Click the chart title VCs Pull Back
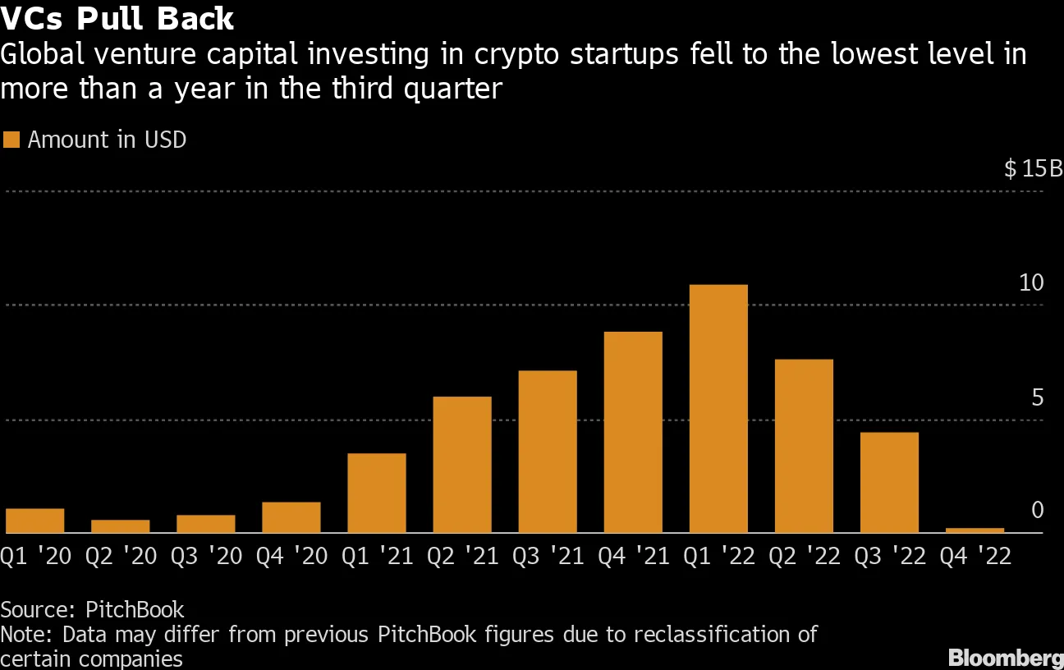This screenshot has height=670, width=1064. coord(117,18)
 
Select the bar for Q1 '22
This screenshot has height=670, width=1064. coord(718,409)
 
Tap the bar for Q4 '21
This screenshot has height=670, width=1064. coord(633,433)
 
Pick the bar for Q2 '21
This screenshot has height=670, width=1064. coord(462,465)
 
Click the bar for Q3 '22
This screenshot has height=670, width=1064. coord(889,483)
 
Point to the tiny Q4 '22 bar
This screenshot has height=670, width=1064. coord(975,530)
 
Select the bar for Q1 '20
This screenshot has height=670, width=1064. coord(35,521)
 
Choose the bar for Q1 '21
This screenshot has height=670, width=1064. coord(377,493)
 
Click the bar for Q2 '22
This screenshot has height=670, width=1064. coord(804,446)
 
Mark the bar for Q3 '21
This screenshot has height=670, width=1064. coord(548,452)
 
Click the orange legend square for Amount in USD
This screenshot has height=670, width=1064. coord(11,140)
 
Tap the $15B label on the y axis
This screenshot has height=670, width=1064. coord(1033,170)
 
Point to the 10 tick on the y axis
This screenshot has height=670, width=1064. coord(1030,283)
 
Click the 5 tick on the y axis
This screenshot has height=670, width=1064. coord(1036,398)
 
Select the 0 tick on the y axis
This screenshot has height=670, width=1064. coord(1037,511)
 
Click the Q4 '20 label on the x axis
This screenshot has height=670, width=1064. coord(291,557)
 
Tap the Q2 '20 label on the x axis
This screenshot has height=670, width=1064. coord(121,557)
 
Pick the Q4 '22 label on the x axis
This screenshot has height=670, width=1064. coord(975,557)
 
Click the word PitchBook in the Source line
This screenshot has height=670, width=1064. coord(135,610)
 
